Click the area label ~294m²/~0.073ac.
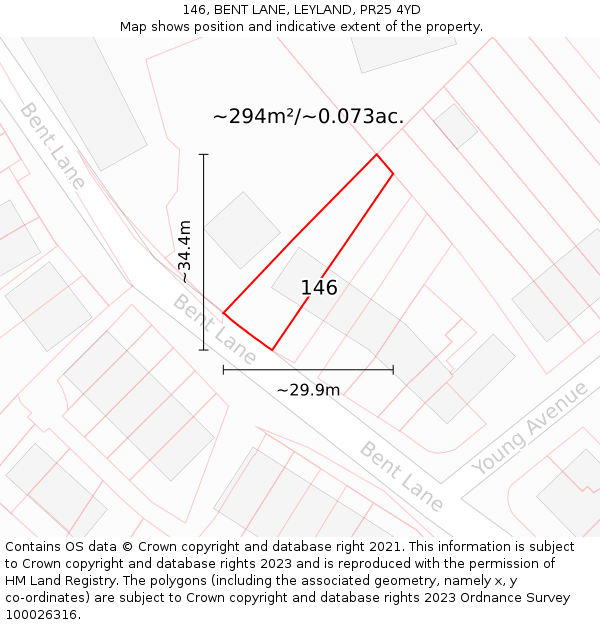[308, 116]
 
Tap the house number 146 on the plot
[319, 288]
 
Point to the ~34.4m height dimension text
[185, 251]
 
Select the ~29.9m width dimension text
[308, 390]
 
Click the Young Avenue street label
[530, 429]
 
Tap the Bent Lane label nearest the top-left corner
[52, 144]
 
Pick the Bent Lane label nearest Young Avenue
[401, 477]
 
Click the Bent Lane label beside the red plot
[214, 328]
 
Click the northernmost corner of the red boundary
[376, 154]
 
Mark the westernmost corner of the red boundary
[223, 313]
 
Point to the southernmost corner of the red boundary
[272, 350]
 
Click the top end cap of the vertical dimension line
[204, 155]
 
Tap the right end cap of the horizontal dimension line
[393, 370]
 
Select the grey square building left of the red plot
[242, 230]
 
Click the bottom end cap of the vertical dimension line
[204, 350]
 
